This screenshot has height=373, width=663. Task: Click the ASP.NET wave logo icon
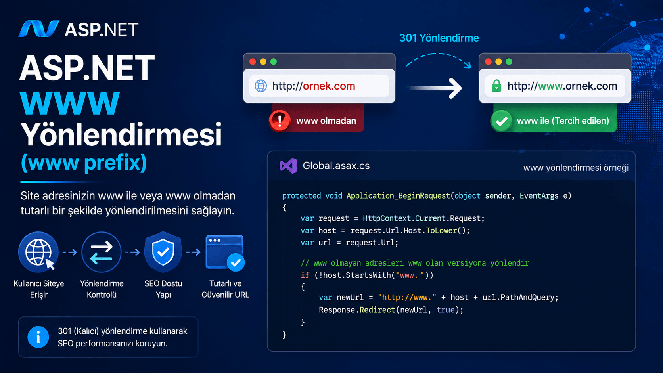pos(38,29)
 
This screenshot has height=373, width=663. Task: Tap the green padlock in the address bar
pos(496,86)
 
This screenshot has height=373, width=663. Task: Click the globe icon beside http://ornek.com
pos(261,86)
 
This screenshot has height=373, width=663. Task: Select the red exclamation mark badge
pos(280,121)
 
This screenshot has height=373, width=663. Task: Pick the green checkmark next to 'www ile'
pos(501,121)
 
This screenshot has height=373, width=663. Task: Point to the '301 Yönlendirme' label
pos(439,38)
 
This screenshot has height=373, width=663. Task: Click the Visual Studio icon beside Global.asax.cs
pos(288,166)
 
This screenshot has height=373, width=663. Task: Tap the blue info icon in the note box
pos(38,337)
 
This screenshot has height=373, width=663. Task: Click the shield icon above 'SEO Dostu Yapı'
pos(163,252)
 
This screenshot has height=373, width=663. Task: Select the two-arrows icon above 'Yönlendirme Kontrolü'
pos(102,252)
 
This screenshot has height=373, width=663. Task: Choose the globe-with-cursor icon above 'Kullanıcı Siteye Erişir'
pos(38,252)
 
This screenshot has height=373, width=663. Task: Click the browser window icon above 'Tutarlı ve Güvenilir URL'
pos(225,253)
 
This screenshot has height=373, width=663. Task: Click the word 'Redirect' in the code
pos(377,310)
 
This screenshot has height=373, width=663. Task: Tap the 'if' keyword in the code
pos(305,275)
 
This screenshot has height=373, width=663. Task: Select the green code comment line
pos(415,263)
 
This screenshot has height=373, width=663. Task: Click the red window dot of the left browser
pos(253,61)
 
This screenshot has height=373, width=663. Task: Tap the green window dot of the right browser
pos(509,61)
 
